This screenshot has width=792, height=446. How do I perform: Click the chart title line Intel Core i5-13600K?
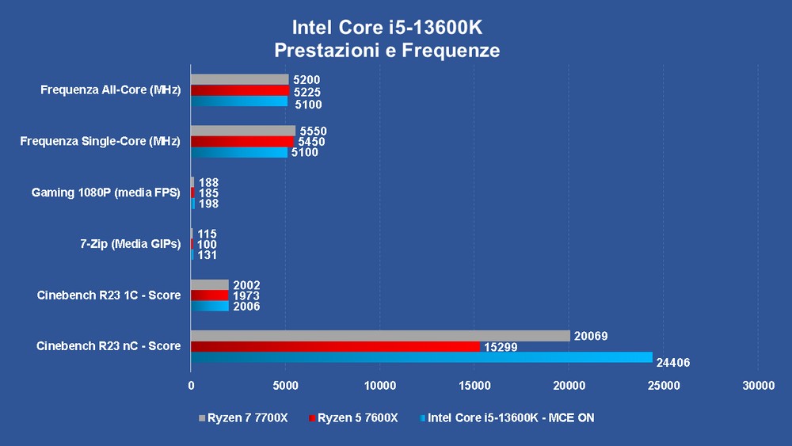[x=387, y=28]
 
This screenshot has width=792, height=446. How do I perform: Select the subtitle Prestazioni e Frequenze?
[x=387, y=51]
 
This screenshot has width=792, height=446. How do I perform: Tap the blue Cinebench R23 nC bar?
[x=421, y=357]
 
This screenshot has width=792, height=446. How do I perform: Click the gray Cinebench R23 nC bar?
[x=380, y=336]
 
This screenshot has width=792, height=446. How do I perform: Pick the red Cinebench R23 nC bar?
[x=335, y=346]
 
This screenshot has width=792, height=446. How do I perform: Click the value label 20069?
[x=591, y=337]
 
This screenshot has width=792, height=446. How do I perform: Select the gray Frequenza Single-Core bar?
[x=243, y=131]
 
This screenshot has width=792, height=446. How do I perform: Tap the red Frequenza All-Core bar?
[x=240, y=90]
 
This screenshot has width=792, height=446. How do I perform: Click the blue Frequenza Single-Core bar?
[x=239, y=152]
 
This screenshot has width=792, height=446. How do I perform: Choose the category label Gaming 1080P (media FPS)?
[x=106, y=193]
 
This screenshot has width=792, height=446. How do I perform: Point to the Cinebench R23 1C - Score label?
[x=109, y=295]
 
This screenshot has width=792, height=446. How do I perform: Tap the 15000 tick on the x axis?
[x=474, y=386]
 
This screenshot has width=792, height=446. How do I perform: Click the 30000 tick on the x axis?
[x=757, y=386]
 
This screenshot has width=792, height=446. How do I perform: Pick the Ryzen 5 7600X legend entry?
[x=353, y=417]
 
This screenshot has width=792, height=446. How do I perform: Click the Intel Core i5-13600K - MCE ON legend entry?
[x=507, y=417]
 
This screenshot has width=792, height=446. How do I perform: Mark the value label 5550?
[x=313, y=132]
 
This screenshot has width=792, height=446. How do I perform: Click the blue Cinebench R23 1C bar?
[x=210, y=306]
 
